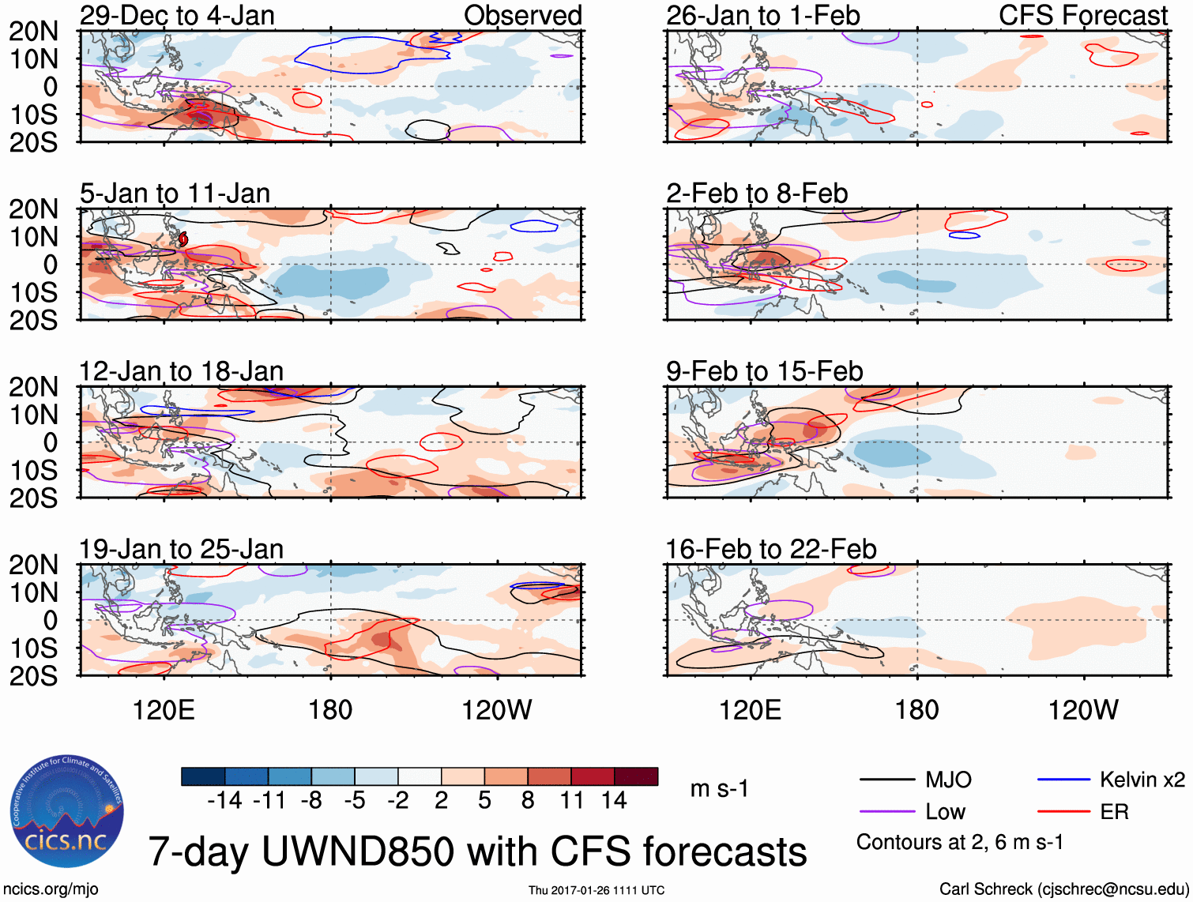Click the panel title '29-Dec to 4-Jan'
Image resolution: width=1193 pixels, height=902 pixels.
177,15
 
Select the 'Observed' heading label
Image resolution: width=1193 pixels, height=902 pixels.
522,15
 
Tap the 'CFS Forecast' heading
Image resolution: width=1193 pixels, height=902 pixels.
1083,15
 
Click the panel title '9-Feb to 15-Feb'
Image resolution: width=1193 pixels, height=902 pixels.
764,371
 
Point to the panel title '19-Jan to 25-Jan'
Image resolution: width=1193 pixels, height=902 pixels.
181,549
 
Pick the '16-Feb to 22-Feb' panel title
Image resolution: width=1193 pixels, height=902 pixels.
770,549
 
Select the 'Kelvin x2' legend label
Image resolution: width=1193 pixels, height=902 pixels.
1142,780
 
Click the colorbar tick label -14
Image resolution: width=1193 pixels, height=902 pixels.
224,801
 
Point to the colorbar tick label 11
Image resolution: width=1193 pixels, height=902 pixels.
571,801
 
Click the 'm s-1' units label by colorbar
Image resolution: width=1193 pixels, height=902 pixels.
719,788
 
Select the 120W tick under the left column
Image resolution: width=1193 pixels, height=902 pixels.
497,710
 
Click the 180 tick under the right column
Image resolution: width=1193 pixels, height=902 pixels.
916,710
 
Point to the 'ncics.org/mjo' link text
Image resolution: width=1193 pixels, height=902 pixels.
51,889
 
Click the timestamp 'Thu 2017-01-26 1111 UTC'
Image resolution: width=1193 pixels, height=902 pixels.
596,890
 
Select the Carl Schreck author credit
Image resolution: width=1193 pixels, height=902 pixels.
1063,889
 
